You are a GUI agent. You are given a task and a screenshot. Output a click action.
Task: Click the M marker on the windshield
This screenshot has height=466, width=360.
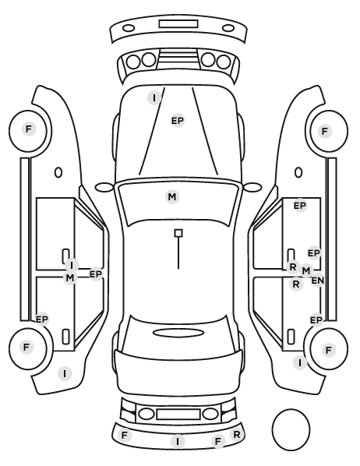tap(172, 196)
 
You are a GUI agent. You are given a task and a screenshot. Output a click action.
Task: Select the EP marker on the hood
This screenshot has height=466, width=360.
tap(178, 121)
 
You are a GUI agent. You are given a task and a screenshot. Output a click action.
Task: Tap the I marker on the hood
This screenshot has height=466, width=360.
tap(154, 97)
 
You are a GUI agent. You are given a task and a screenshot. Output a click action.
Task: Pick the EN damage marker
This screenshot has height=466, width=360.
tap(317, 281)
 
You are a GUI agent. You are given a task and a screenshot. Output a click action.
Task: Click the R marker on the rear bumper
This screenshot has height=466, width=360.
tap(237, 435)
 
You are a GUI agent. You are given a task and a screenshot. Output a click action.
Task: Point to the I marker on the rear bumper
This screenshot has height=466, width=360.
tap(178, 441)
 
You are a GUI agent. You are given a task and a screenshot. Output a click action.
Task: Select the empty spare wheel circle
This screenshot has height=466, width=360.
tap(291, 429)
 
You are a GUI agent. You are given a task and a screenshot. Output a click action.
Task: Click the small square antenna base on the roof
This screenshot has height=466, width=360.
tap(178, 233)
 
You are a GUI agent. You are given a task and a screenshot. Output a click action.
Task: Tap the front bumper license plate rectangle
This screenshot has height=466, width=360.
tap(178, 24)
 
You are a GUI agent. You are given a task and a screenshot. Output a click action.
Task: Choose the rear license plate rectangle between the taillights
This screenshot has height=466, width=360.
tap(178, 414)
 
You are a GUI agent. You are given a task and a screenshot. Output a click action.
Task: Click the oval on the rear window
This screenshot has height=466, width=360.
tap(178, 333)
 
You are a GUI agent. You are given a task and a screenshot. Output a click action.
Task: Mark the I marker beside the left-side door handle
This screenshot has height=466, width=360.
tap(72, 265)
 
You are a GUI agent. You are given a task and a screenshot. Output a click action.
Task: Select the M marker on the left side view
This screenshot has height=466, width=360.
tap(70, 278)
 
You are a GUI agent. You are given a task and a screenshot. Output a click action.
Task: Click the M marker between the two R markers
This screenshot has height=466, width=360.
tap(306, 270)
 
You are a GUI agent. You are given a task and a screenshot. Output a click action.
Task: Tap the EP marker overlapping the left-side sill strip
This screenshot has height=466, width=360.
tap(42, 319)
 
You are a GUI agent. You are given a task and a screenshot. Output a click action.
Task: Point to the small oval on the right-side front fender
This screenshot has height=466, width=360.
tap(298, 172)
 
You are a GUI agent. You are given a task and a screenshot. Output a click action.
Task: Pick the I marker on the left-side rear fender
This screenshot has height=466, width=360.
tap(65, 373)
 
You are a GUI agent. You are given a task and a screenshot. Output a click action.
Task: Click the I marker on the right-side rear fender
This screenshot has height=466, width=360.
tap(300, 362)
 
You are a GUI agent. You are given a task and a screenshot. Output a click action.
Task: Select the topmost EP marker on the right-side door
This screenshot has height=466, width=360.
tap(300, 206)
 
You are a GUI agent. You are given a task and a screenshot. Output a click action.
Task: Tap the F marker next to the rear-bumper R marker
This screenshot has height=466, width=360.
tap(218, 441)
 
